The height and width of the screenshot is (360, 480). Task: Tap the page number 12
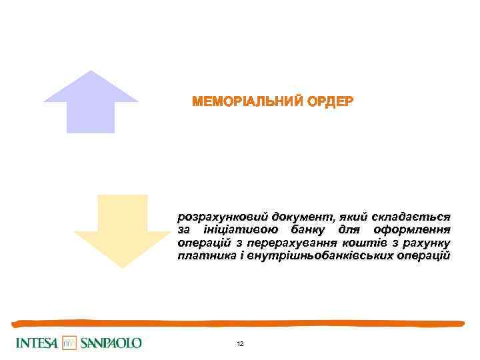pos(240,343)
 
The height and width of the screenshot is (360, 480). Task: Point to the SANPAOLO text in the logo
pos(111,343)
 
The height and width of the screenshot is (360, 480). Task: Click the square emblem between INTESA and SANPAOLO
pos(70,343)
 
